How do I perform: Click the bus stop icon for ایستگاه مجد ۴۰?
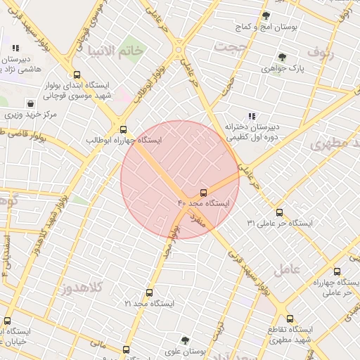click(204, 192)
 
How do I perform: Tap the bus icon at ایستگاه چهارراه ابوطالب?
click(124, 129)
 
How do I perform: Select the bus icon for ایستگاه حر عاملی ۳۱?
click(279, 212)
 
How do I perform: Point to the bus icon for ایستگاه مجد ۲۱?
click(148, 292)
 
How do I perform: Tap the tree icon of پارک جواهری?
click(282, 58)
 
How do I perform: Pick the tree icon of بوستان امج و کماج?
click(266, 15)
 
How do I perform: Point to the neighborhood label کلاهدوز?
click(82, 287)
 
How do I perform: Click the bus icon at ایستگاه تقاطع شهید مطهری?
click(290, 318)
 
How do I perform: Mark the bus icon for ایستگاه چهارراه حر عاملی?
click(337, 271)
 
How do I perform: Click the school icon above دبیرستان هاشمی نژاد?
click(15, 49)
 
